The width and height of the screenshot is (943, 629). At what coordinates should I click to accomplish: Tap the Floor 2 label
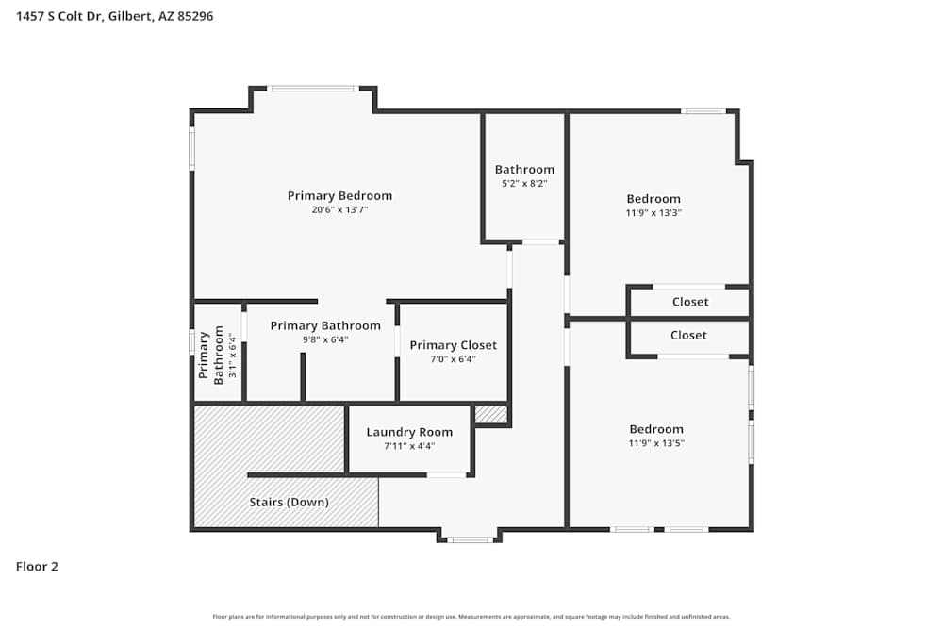click(37, 567)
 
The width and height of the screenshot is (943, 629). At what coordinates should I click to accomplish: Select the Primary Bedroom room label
click(339, 196)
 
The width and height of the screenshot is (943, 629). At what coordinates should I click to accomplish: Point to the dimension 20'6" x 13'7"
click(339, 210)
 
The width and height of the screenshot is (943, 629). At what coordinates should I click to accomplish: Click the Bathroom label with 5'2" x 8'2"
click(524, 170)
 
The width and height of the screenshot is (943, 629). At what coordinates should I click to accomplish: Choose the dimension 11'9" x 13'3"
click(653, 213)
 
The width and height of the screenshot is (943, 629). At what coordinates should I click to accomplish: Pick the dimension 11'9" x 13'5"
click(656, 443)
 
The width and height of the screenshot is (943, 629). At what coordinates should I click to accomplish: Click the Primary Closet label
click(453, 345)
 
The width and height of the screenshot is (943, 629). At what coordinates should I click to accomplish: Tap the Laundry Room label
click(409, 432)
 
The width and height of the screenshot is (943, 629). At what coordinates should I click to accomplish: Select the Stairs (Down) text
click(289, 503)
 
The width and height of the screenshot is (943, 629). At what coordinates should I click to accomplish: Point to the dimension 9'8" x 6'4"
click(325, 339)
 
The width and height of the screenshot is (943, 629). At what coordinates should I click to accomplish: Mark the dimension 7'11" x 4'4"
click(409, 446)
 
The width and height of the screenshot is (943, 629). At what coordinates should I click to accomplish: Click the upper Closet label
click(689, 302)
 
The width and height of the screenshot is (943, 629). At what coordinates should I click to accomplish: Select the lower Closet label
click(688, 336)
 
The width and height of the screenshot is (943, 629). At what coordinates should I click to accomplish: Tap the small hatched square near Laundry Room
click(490, 414)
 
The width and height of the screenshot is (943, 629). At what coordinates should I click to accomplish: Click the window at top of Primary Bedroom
click(312, 89)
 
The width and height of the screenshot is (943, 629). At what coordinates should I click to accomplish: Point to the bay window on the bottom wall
click(469, 539)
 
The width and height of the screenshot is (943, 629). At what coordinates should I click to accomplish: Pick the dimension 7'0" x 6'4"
click(453, 359)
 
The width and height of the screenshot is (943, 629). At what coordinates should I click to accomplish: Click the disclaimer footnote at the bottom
click(471, 617)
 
